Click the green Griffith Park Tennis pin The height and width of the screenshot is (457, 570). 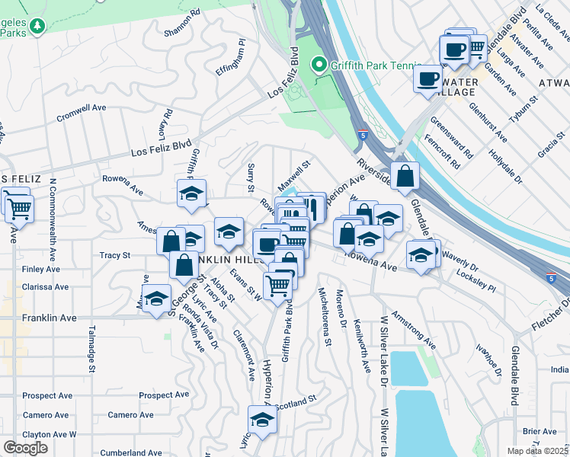(x=321, y=66)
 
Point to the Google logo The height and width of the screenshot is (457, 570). (x=25, y=448)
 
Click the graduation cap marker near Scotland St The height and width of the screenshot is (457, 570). (x=262, y=420)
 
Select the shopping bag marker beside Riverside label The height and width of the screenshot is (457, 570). (x=405, y=176)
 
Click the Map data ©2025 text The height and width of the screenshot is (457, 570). (x=537, y=451)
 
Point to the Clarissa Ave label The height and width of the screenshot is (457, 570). (x=45, y=287)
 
